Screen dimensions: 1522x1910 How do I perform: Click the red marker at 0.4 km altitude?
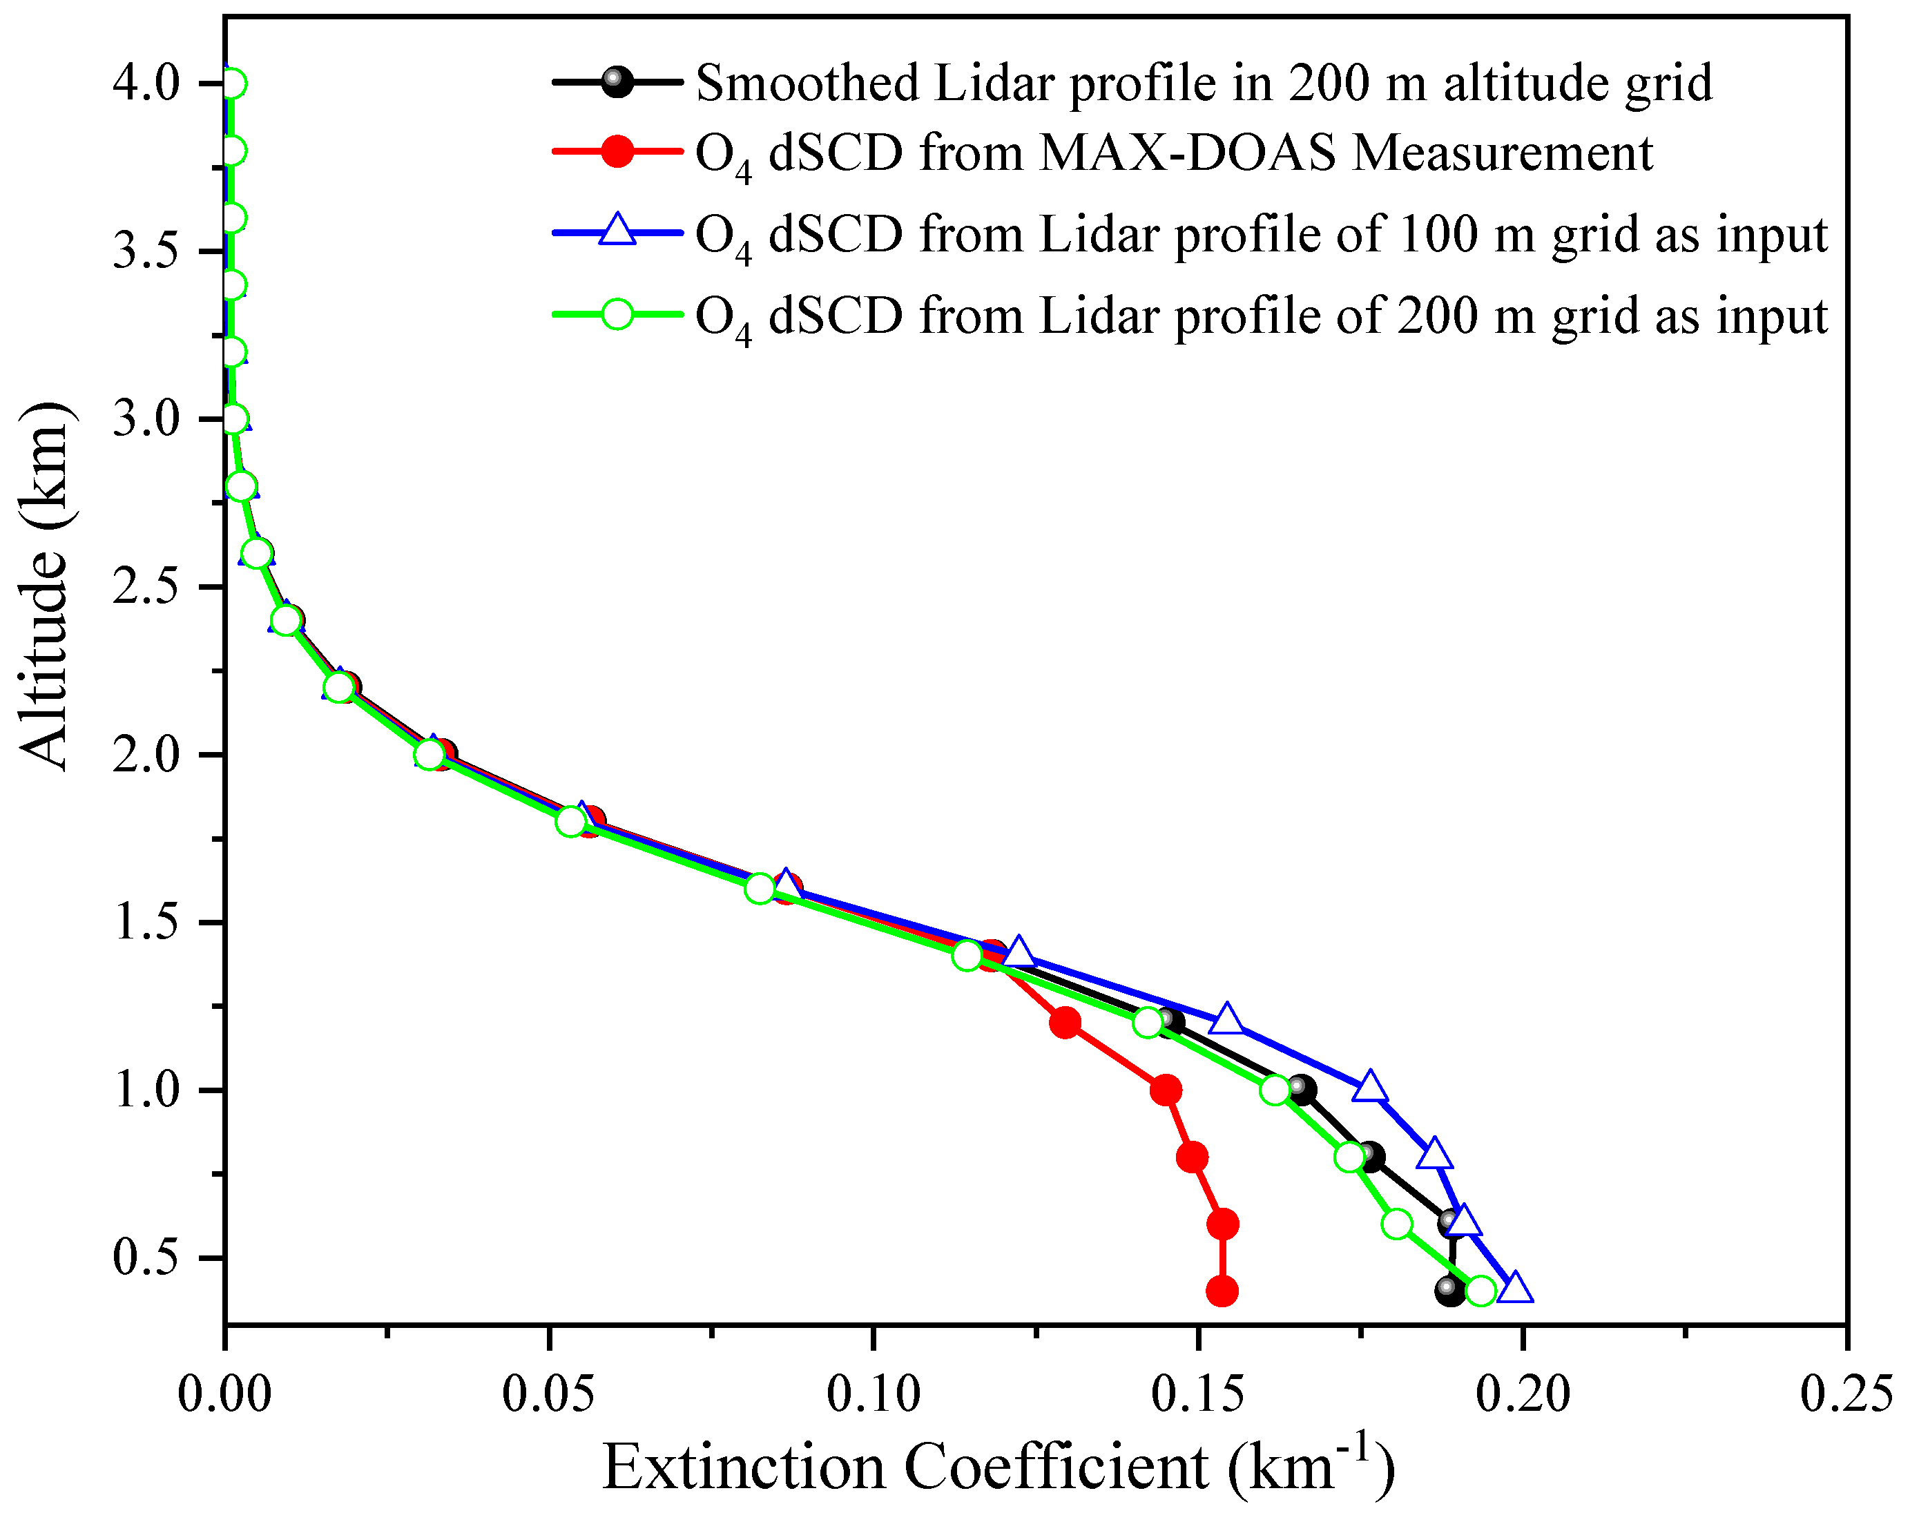point(1222,1291)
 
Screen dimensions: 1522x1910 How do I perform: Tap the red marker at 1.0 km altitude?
point(1166,1090)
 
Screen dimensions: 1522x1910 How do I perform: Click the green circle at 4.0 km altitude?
point(232,84)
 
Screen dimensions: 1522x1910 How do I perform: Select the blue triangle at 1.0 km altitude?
point(1369,1087)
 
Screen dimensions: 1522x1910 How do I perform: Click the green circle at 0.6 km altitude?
point(1397,1224)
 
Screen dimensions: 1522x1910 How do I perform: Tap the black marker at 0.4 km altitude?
point(1449,1291)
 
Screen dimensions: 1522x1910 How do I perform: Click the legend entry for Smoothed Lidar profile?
point(1203,84)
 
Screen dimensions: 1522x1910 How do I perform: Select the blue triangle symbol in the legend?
point(617,232)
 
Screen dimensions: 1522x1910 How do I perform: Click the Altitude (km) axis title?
point(44,586)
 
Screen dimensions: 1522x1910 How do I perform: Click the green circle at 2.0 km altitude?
point(430,755)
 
